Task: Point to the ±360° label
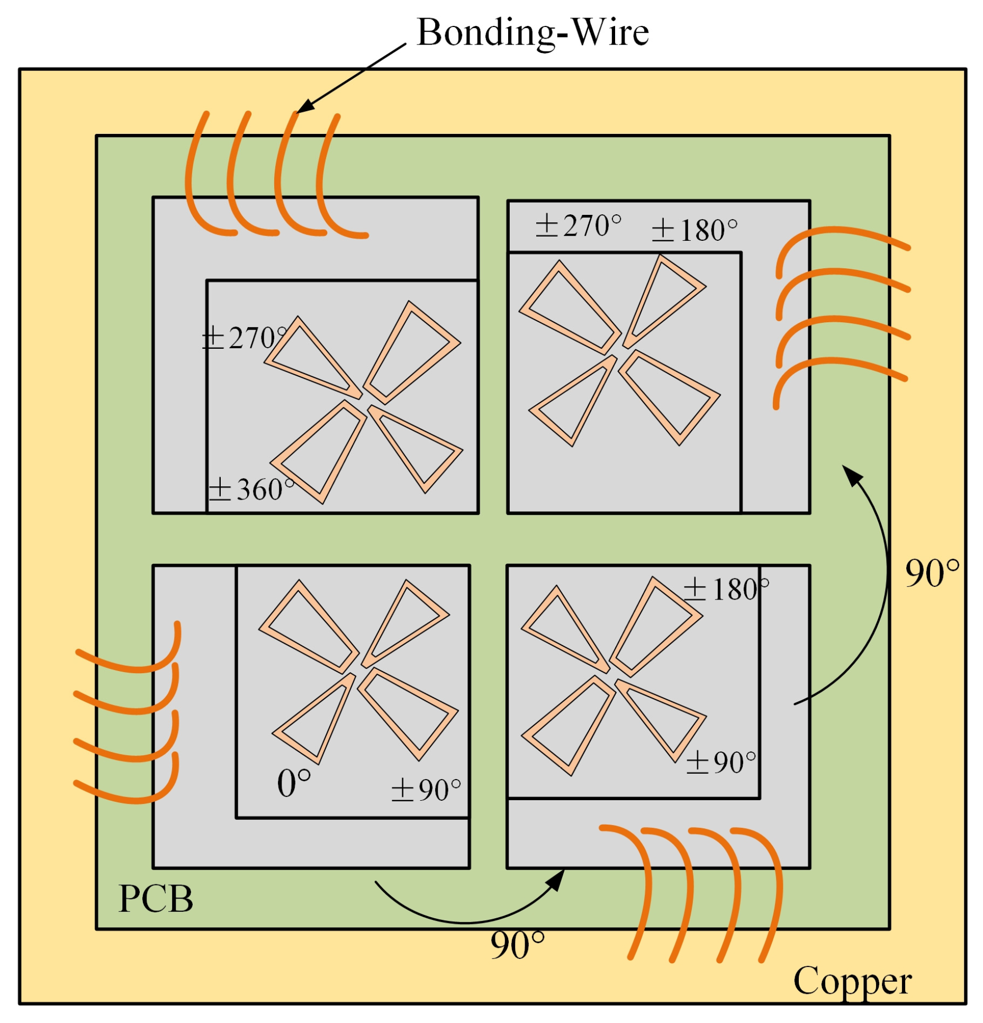(x=250, y=489)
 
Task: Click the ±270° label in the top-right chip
(x=578, y=226)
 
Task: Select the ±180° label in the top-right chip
(x=694, y=230)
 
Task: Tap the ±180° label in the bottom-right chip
(x=725, y=589)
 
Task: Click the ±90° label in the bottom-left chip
(x=426, y=790)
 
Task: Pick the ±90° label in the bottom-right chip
(x=720, y=763)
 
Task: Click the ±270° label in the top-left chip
(x=244, y=338)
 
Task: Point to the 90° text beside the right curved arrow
(x=931, y=573)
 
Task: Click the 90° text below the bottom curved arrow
(x=517, y=945)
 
